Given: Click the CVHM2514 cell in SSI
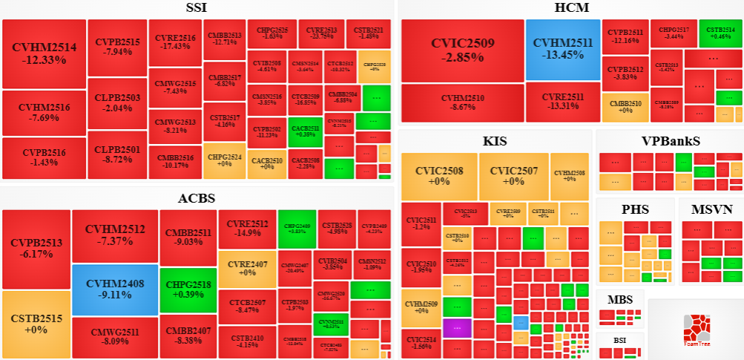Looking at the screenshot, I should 44,53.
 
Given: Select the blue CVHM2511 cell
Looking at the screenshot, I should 563,49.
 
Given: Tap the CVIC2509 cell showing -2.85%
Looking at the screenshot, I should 463,50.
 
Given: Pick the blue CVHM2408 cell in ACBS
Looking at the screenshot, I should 115,289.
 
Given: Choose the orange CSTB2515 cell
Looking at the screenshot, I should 36,324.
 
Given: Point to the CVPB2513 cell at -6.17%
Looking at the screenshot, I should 36,248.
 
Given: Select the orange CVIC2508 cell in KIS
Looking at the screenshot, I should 438,176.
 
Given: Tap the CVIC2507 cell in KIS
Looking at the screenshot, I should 513,176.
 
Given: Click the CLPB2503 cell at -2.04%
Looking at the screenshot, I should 117,102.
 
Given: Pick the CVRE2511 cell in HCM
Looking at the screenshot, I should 563,102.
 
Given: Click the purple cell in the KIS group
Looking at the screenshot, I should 457,327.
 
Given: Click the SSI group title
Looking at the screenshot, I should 197,8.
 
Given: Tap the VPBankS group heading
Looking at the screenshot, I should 671,141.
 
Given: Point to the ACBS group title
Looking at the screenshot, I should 197,198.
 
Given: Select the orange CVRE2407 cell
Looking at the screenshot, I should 247,268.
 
